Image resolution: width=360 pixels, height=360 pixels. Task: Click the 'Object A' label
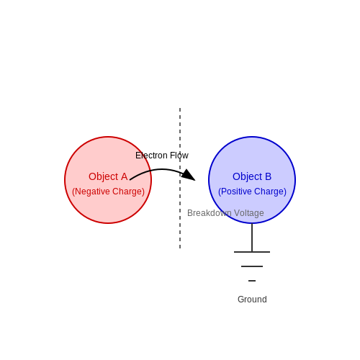(x=108, y=177)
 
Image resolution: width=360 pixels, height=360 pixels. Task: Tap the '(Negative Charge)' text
(x=108, y=192)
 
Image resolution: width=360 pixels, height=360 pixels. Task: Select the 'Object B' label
(x=252, y=177)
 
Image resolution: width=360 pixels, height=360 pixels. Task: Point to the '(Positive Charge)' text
(x=252, y=192)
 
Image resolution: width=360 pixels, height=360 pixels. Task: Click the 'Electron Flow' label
(x=162, y=156)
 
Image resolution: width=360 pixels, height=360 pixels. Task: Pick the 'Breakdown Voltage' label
(x=225, y=213)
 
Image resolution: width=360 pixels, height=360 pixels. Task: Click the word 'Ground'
(x=252, y=300)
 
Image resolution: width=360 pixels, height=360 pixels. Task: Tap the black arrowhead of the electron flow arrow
(x=189, y=175)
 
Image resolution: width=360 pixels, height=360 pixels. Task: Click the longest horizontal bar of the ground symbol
(x=252, y=252)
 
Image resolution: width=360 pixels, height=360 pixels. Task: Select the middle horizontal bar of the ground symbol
(x=252, y=266)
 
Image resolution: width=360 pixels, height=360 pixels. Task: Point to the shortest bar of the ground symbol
(x=252, y=281)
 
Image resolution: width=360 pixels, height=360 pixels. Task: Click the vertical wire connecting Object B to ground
(x=252, y=238)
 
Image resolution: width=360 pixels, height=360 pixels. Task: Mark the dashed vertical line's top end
(x=180, y=108)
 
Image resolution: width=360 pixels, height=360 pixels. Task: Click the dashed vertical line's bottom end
(x=180, y=248)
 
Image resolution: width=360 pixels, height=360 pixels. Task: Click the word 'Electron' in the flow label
(x=151, y=156)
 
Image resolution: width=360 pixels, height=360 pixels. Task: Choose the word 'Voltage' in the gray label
(x=249, y=213)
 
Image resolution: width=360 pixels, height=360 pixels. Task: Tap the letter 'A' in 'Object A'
(x=124, y=176)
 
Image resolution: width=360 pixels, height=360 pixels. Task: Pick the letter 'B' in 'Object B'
(x=269, y=176)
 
